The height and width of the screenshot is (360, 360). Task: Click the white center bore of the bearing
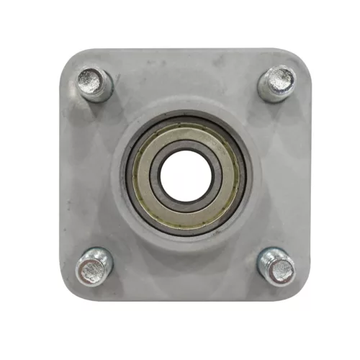click(x=185, y=176)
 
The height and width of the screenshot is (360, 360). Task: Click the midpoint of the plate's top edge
click(x=185, y=50)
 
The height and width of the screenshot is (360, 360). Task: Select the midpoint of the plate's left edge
click(x=61, y=176)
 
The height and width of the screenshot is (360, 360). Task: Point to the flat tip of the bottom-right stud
click(x=282, y=271)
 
